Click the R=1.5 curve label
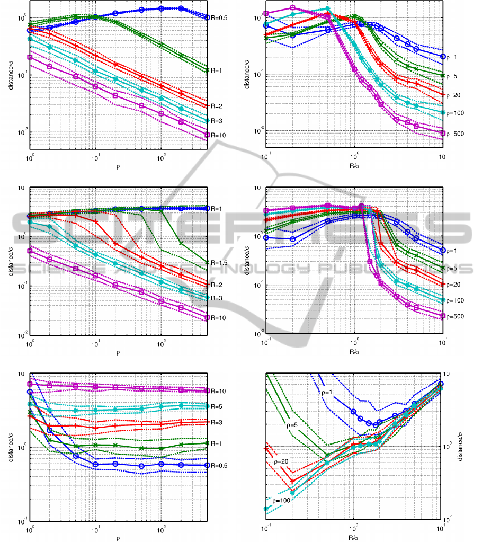(220, 262)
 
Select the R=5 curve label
(217, 407)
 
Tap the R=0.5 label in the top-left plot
(220, 17)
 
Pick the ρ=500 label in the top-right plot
(454, 134)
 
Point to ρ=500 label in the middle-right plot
(454, 316)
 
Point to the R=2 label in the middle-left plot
(217, 285)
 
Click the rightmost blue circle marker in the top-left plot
(207, 17)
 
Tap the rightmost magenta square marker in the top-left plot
(207, 135)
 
